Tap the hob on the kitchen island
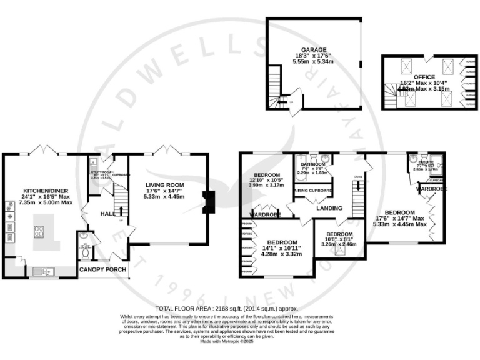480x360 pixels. click(x=39, y=229)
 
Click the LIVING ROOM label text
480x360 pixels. click(x=166, y=185)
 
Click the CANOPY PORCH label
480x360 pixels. click(x=102, y=270)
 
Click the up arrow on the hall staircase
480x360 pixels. click(x=121, y=219)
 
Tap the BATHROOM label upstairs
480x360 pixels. click(x=313, y=164)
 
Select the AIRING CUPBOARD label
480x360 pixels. click(x=314, y=191)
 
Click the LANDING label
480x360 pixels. click(x=329, y=208)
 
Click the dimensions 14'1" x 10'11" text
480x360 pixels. click(x=284, y=248)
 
